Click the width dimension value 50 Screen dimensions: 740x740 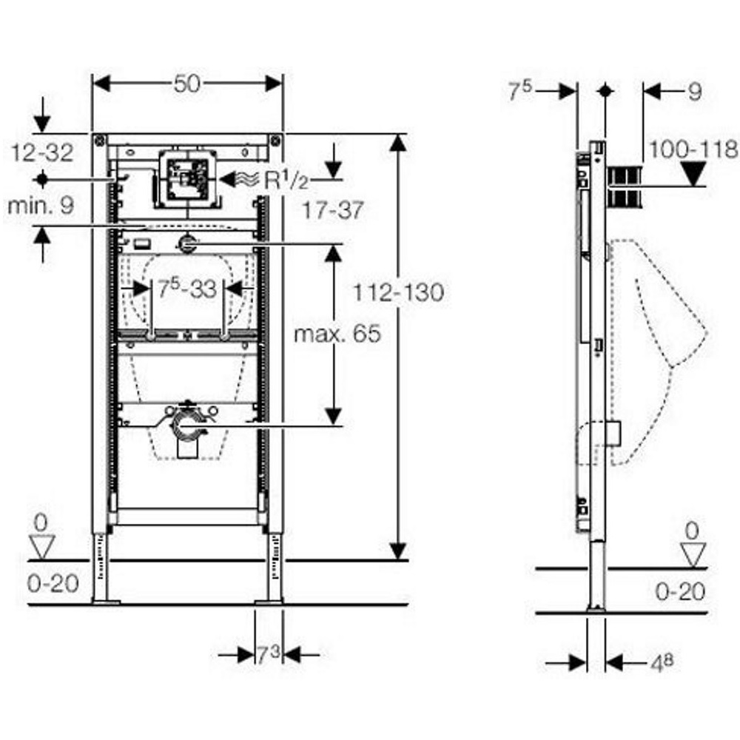click(187, 84)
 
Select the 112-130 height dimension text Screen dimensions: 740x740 click(399, 292)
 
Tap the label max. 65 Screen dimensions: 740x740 click(337, 334)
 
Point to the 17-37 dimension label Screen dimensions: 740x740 click(333, 210)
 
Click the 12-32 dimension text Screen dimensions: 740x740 click(42, 152)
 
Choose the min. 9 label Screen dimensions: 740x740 click(41, 205)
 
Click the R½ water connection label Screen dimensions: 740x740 click(286, 180)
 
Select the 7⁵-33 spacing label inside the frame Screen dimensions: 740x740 click(187, 289)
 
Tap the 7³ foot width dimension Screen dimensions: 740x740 click(268, 655)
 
